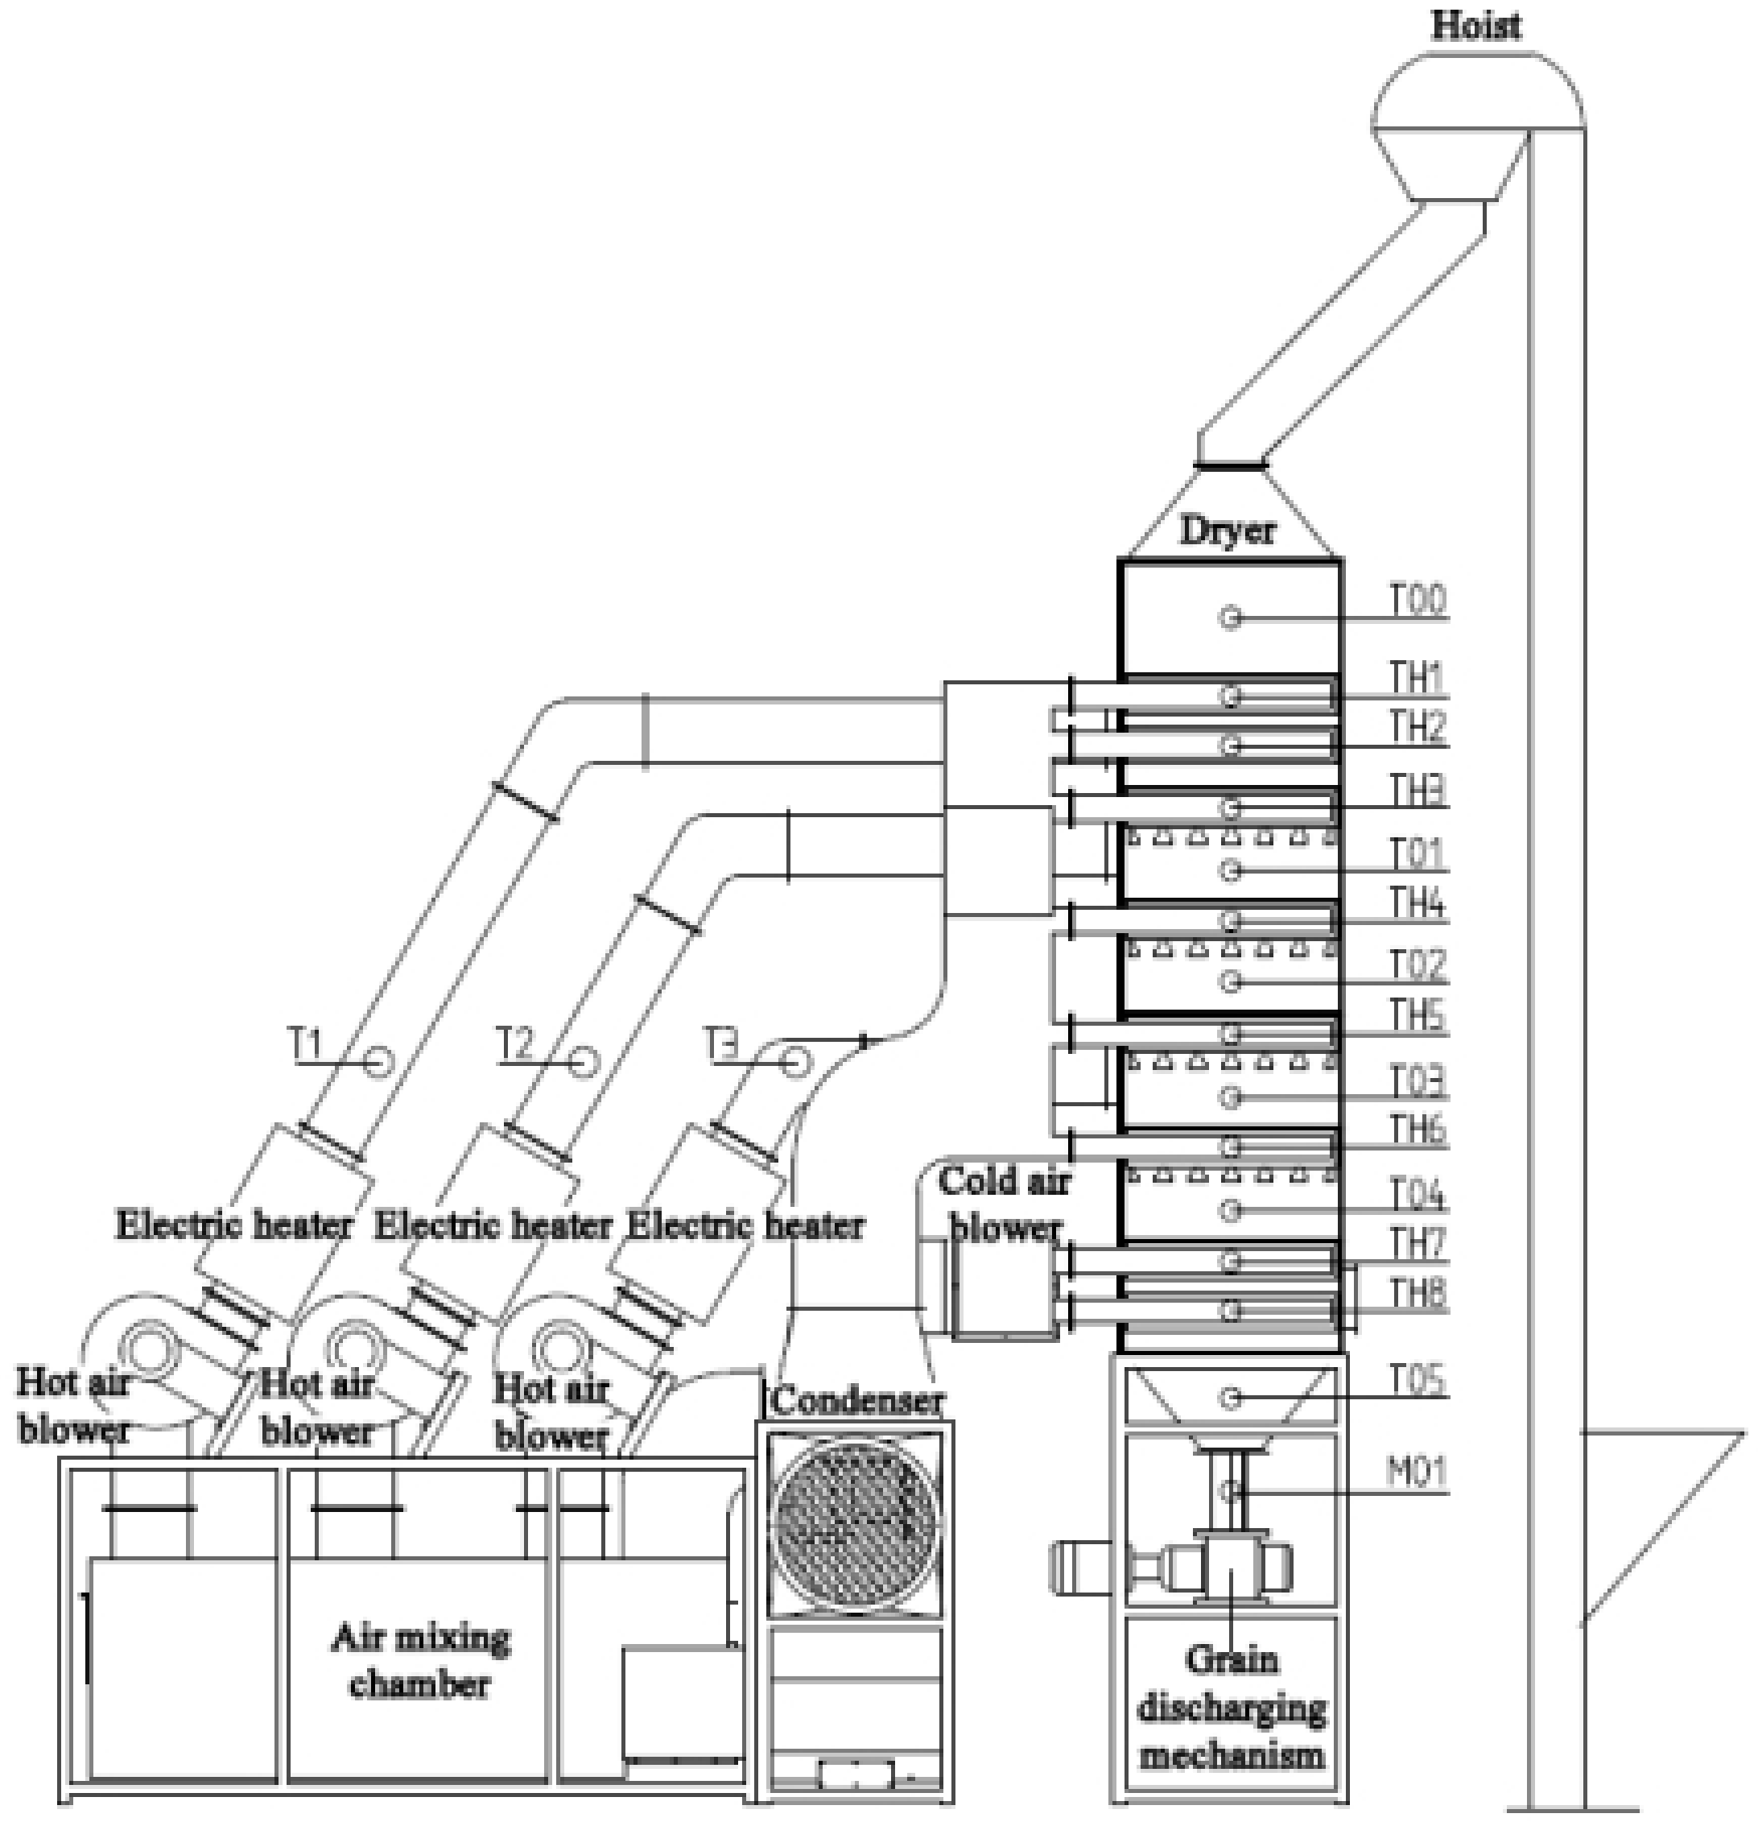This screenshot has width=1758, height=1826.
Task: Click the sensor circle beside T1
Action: (378, 1062)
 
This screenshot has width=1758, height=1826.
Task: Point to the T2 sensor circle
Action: (585, 1062)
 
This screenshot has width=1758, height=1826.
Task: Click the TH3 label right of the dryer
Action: (1417, 792)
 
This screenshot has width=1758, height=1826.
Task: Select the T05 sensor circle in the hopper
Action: (1231, 1398)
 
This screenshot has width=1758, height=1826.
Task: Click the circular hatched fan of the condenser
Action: (854, 1524)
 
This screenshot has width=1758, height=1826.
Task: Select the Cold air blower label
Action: (1004, 1204)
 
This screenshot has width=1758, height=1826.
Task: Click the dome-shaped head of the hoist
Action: (1476, 93)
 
